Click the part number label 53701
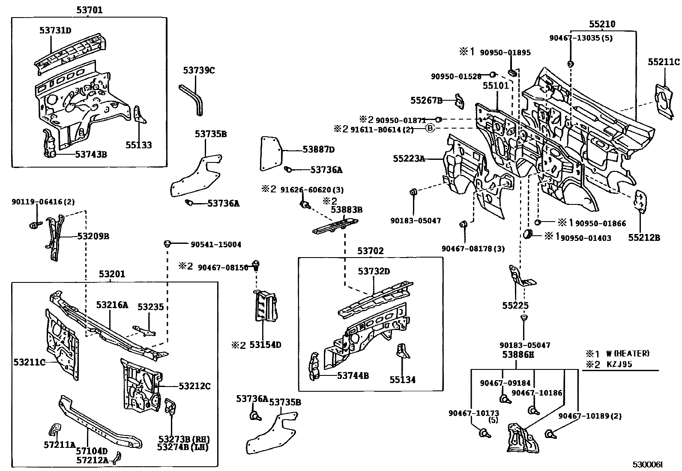tap(90, 9)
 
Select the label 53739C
tap(199, 70)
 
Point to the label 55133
tap(138, 145)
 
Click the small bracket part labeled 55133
tap(139, 114)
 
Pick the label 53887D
tap(318, 149)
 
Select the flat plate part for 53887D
tap(270, 153)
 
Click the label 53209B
tap(93, 236)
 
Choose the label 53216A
tap(112, 305)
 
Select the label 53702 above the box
tap(371, 251)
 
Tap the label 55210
tap(602, 24)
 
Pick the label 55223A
tap(409, 159)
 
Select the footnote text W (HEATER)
tap(628, 354)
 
